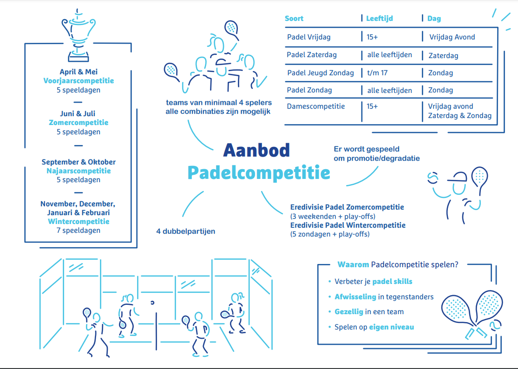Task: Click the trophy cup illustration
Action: [79, 36]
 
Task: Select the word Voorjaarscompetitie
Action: [79, 81]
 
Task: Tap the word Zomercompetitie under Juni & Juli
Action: [79, 123]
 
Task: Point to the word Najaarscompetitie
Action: [79, 171]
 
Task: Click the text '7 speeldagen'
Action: [79, 230]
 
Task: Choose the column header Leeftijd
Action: [380, 19]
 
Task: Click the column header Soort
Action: [294, 19]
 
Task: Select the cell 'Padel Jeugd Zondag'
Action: [321, 73]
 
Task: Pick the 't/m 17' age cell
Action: [377, 72]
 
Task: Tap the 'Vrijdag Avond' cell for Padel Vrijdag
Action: [452, 37]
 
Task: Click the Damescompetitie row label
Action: [316, 106]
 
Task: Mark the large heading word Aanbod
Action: [257, 150]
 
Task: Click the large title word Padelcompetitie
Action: [259, 172]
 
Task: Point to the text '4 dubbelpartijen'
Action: [186, 231]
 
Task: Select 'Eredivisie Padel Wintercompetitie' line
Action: [348, 225]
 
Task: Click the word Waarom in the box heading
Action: [353, 264]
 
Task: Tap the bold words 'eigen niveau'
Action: [392, 327]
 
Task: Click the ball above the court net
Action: [152, 303]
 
